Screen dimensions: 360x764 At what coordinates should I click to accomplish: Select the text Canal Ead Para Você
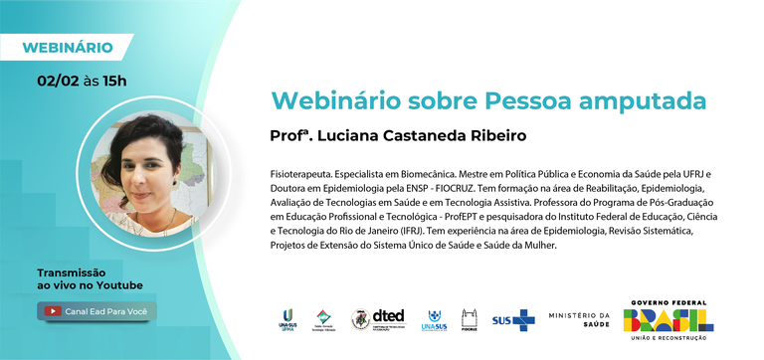point(106,311)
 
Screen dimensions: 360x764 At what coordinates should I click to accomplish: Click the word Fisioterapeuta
point(309,172)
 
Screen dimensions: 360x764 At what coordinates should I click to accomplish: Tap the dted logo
point(381,319)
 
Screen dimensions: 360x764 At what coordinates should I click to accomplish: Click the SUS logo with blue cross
point(512,320)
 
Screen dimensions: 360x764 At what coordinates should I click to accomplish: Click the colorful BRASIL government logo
point(668,319)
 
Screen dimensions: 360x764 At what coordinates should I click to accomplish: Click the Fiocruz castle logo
point(470,319)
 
